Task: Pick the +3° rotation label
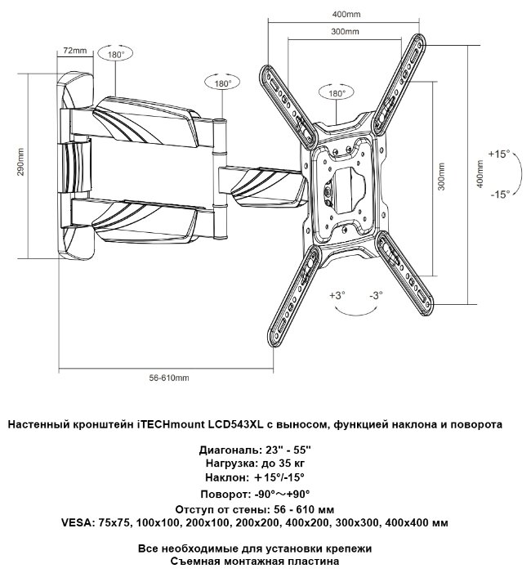click(337, 293)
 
